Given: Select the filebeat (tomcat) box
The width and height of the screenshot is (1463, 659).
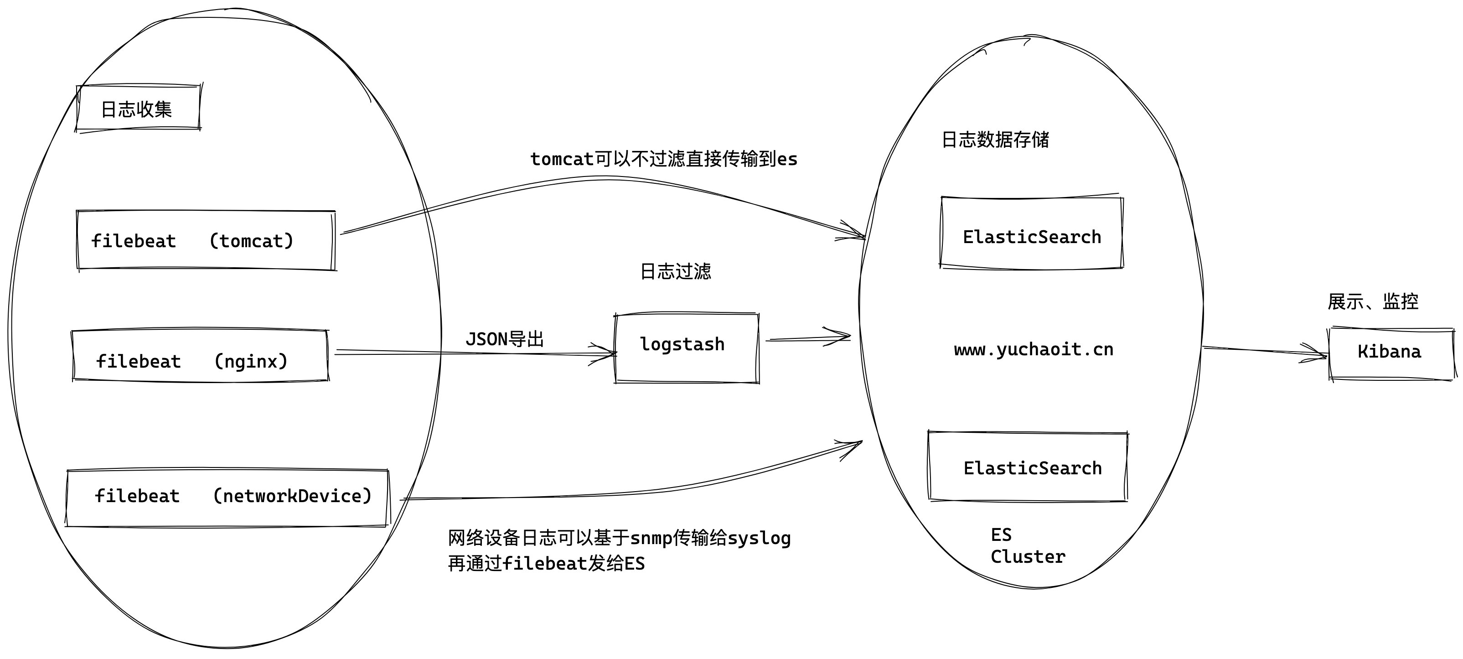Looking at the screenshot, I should point(206,241).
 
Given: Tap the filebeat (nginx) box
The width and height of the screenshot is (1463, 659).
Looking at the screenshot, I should point(200,356).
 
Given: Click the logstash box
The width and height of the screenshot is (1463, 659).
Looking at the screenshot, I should point(686,348).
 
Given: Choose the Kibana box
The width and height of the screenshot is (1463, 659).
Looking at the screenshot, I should point(1391,353).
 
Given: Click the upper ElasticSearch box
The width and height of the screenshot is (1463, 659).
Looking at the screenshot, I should point(1031,233).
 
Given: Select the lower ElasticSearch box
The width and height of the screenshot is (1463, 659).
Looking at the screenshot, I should point(1028,467).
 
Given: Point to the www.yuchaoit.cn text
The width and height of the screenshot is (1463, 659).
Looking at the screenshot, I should point(1034,349).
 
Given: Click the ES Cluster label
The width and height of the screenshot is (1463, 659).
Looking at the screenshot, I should point(1027,546).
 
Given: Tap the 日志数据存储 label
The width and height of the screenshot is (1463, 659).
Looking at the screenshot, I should point(995,140).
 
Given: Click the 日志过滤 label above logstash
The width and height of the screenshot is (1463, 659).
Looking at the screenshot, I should point(675,271).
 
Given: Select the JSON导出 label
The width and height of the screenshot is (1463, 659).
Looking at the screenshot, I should point(504,339).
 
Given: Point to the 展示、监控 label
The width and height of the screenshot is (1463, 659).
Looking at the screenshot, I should point(1373,301).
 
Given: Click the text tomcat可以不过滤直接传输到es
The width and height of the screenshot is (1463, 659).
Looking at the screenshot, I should point(663,159).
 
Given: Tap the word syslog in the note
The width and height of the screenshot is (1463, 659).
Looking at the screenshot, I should point(759,538).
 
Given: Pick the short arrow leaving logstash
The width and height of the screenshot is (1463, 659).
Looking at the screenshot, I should point(809,338).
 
